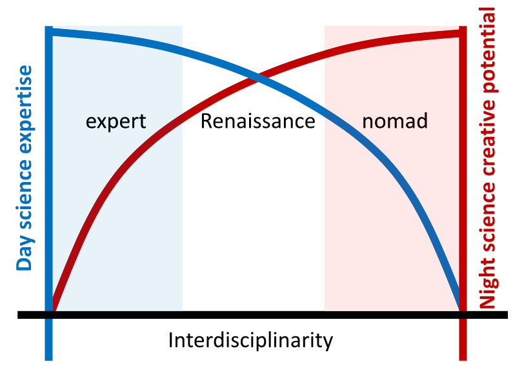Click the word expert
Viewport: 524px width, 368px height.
116,121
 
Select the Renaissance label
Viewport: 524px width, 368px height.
257,121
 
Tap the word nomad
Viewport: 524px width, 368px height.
395,120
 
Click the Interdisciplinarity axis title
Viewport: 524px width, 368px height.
250,341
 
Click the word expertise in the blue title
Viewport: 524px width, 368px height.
24,109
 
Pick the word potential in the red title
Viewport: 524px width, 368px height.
488,50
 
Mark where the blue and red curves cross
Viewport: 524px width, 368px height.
257,79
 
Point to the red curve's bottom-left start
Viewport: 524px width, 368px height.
53,309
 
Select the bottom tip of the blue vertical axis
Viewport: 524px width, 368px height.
49,360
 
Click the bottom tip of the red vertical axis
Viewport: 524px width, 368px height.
463,360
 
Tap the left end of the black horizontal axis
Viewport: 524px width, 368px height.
18,315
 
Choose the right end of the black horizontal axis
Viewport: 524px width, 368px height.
507,315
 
